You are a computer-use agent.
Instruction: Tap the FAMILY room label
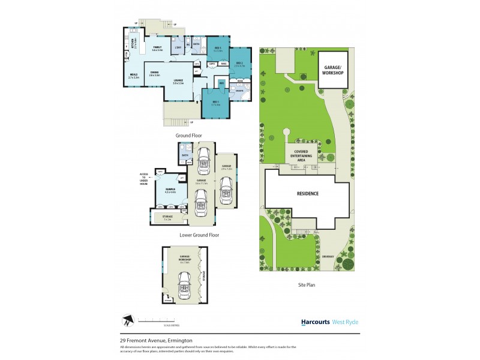[157, 48]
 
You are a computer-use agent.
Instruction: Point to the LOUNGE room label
[178, 81]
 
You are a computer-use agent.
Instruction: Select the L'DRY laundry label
[178, 47]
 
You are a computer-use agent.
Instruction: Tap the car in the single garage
[226, 192]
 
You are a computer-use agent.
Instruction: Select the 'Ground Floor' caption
[187, 136]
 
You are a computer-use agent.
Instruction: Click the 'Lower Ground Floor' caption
[199, 235]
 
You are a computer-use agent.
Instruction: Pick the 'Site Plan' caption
[307, 285]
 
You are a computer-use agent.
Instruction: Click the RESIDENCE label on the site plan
[306, 194]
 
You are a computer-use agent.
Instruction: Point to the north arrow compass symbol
[127, 320]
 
